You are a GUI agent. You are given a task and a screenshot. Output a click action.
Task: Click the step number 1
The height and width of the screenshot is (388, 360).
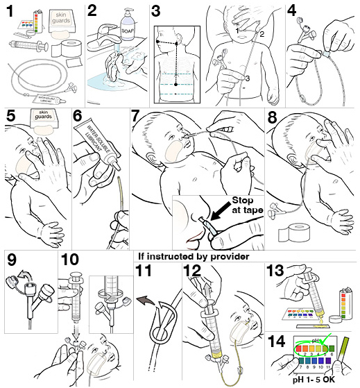(x=10, y=11)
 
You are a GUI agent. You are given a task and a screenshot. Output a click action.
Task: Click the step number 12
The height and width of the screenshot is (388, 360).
(x=191, y=272)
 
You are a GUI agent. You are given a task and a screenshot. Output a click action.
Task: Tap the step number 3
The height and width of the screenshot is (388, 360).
(x=155, y=11)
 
